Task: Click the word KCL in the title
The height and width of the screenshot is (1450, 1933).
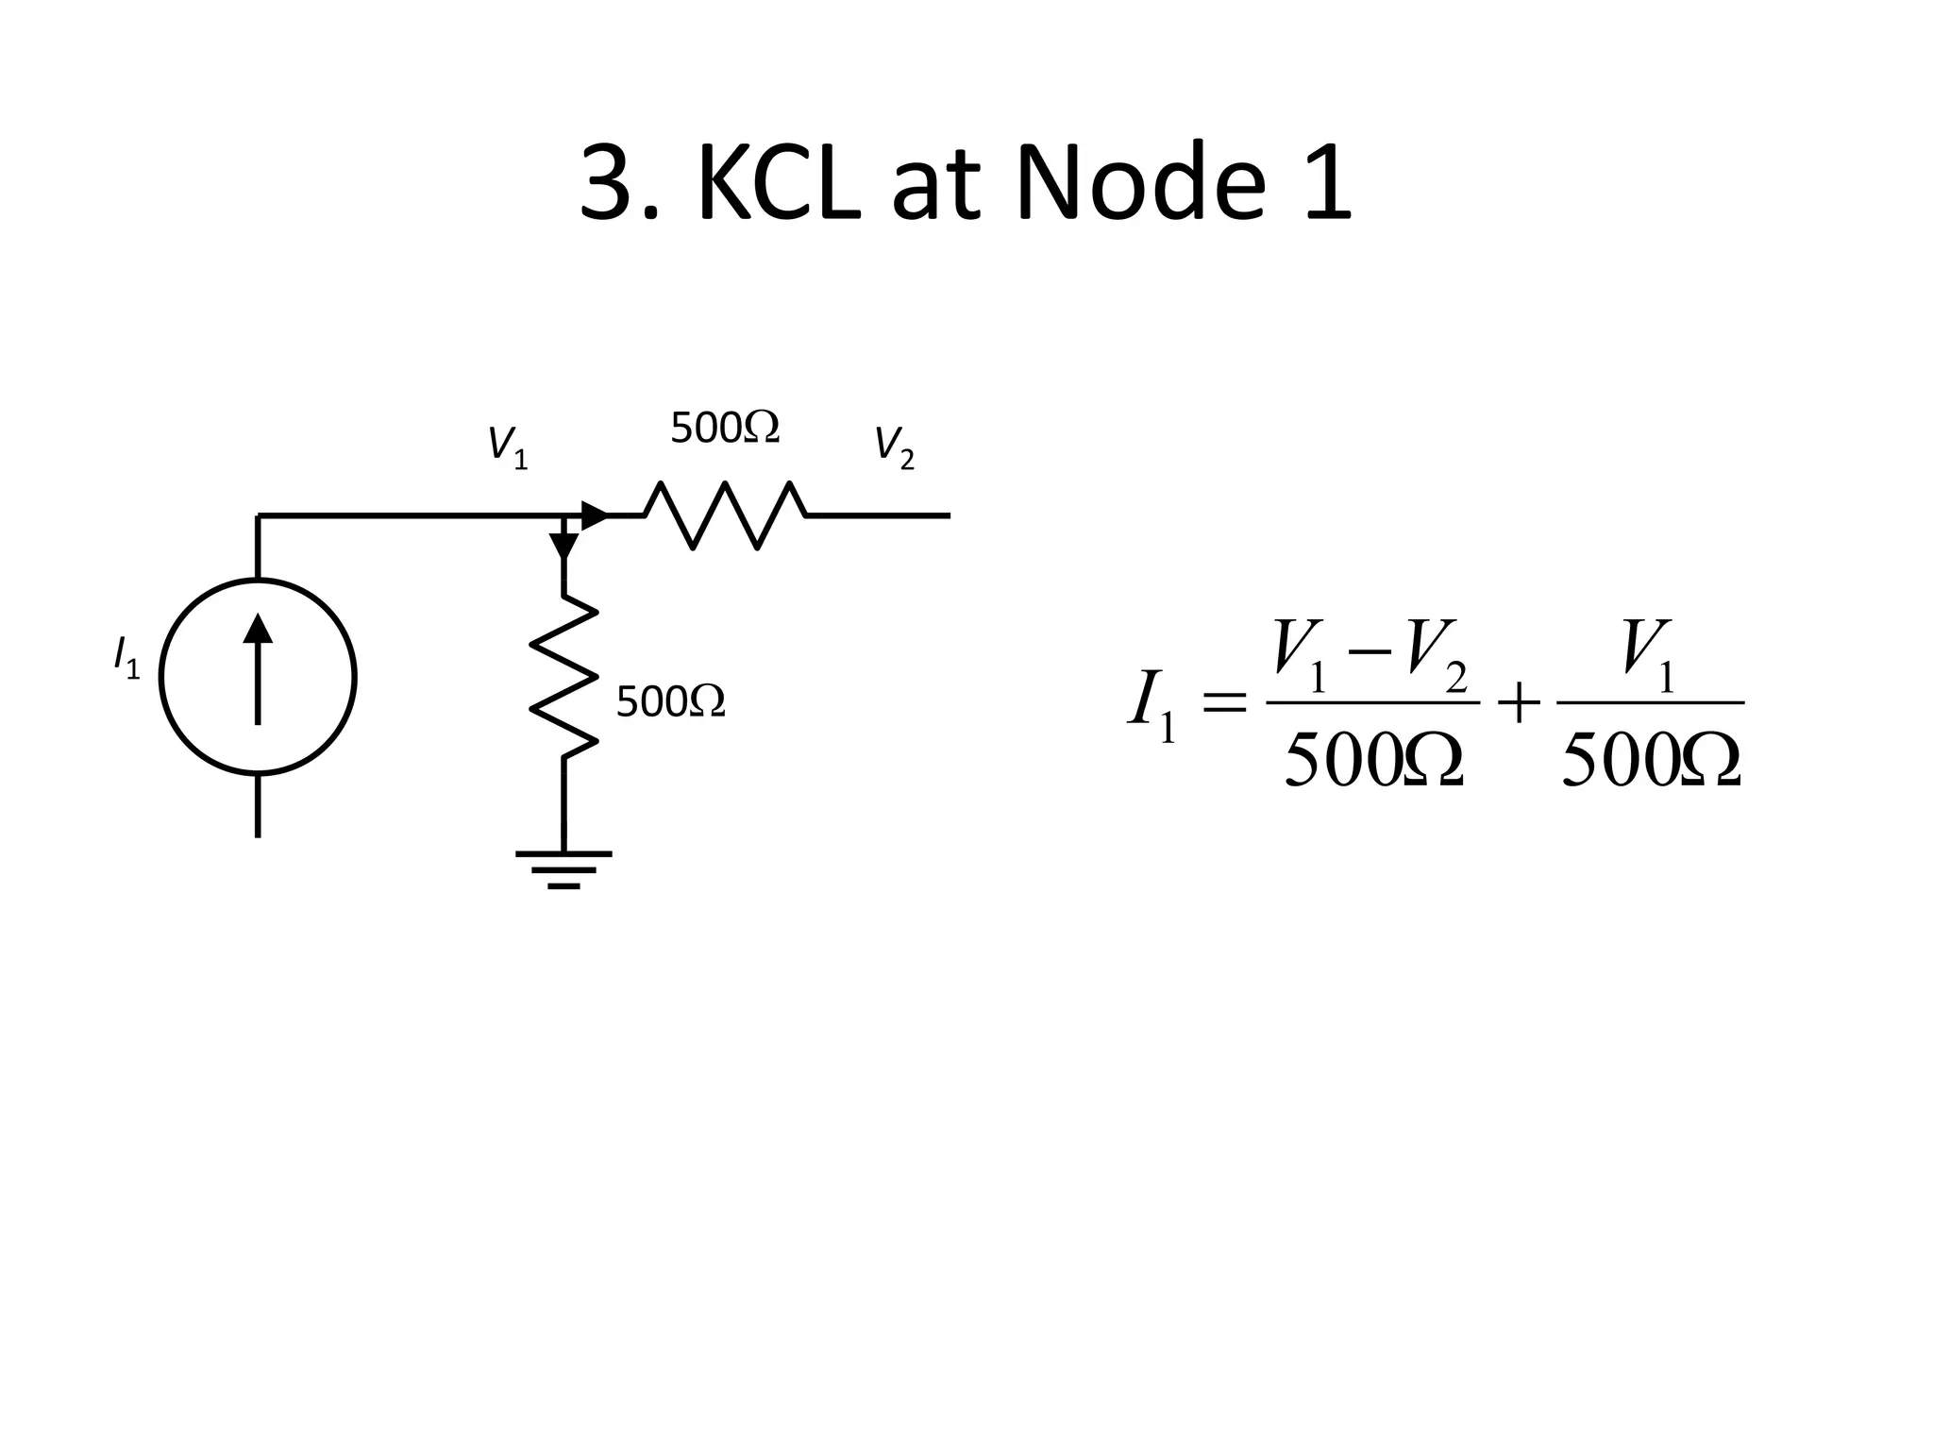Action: coord(778,183)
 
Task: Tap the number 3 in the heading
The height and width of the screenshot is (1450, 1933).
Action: coord(606,183)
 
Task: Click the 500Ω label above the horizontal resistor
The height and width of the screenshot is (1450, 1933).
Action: coord(724,429)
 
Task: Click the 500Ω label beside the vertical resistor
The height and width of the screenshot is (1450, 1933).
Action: coord(670,702)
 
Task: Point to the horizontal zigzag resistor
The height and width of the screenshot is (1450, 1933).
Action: coord(725,515)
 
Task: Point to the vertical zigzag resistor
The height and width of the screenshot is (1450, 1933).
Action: coord(563,676)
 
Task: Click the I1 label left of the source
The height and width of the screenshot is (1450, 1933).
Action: coord(126,657)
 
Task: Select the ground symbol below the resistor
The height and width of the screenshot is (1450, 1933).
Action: coord(563,868)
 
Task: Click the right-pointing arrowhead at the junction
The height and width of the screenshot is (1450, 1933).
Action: coord(595,515)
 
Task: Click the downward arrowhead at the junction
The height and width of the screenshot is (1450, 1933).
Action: coord(563,546)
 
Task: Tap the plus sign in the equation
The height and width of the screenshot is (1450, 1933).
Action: coord(1518,703)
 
